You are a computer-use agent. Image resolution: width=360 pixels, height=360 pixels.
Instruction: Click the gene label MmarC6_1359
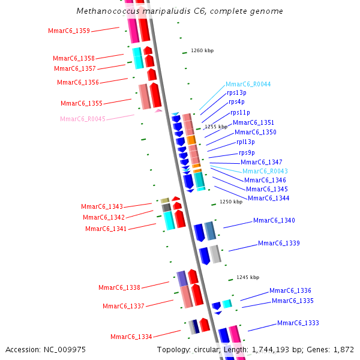(69, 31)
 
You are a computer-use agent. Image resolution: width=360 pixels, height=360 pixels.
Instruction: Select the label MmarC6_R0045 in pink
(83, 119)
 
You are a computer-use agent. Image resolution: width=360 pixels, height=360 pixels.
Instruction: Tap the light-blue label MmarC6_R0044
(248, 84)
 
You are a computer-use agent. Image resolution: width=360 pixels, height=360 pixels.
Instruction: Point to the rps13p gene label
(236, 92)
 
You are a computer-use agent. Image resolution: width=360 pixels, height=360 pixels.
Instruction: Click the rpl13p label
(245, 142)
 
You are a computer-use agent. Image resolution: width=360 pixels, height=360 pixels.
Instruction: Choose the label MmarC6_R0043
(265, 171)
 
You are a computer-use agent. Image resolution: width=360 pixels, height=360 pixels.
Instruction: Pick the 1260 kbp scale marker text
(202, 51)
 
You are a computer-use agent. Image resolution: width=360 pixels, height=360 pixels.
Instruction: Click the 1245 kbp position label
(248, 277)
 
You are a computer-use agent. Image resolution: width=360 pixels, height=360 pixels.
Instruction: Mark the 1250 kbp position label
(231, 202)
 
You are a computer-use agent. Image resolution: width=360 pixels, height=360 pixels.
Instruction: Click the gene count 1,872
(343, 349)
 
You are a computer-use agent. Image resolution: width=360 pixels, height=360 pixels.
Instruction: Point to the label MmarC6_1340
(274, 221)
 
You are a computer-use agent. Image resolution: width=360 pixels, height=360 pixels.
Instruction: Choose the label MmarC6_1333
(298, 323)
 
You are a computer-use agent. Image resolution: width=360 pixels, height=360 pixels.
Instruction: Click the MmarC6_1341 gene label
(106, 229)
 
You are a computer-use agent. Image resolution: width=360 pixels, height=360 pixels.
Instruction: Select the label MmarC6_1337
(123, 306)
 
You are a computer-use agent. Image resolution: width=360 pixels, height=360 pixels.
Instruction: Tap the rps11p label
(240, 112)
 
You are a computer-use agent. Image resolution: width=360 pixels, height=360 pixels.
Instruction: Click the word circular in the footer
(206, 349)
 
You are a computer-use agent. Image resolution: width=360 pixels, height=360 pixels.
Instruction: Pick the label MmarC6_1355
(82, 103)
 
